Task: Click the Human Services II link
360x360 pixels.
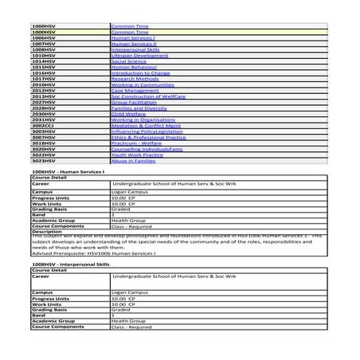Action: tap(134, 43)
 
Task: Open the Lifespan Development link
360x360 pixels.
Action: tap(139, 55)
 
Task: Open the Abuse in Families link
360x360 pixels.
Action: tap(133, 160)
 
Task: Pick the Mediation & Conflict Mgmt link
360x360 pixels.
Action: tap(143, 125)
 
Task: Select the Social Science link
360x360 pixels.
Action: tap(130, 61)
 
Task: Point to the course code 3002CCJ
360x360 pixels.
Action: tap(44, 125)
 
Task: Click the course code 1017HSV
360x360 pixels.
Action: tap(43, 78)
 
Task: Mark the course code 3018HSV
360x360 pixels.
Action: tap(43, 143)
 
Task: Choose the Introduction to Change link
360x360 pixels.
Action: tap(140, 72)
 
